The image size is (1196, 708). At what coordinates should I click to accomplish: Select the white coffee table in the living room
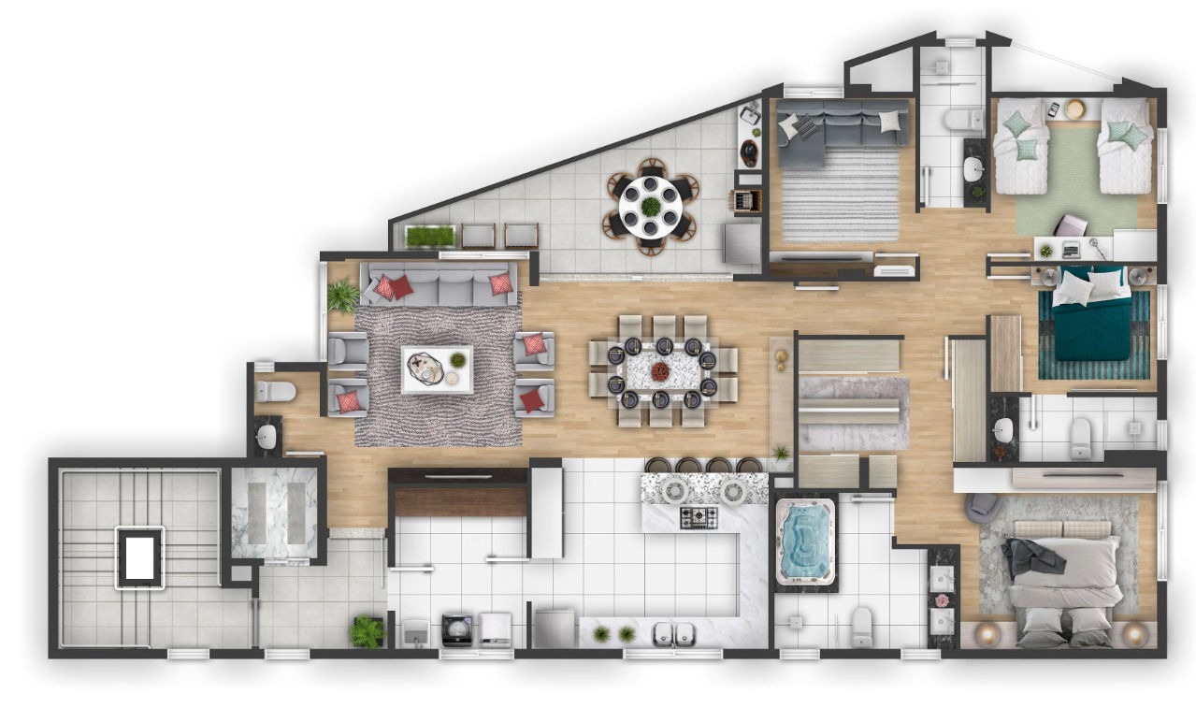coord(437,368)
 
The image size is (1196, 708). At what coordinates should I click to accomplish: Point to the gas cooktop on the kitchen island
coord(698,516)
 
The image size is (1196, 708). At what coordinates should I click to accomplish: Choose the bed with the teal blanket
coord(1092,318)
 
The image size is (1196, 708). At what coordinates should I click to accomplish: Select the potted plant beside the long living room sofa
coord(342,296)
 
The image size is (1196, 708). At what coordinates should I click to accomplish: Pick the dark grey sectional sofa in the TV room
coord(832,126)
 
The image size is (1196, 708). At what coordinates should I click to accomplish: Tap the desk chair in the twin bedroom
coord(1072,227)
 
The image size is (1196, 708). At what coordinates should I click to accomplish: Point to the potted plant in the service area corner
coord(367,631)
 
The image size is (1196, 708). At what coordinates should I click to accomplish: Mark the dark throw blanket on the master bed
coord(1034,556)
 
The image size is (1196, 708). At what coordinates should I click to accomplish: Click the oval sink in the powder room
coord(267,436)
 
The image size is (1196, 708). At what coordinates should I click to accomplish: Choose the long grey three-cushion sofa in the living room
coord(439,283)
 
